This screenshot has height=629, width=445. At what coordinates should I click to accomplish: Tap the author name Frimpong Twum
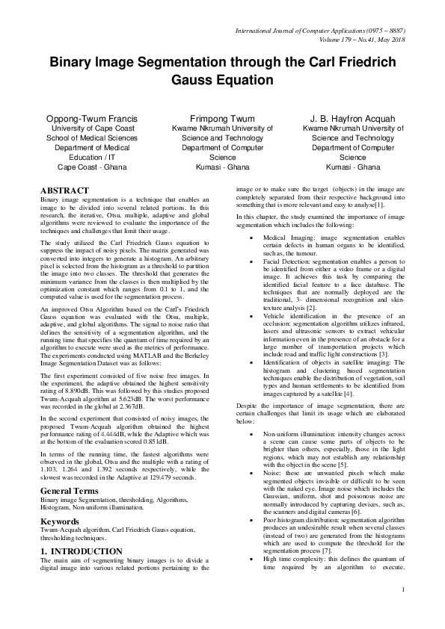pyautogui.click(x=222, y=118)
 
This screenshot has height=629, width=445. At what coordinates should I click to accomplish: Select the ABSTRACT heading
pyautogui.click(x=64, y=191)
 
